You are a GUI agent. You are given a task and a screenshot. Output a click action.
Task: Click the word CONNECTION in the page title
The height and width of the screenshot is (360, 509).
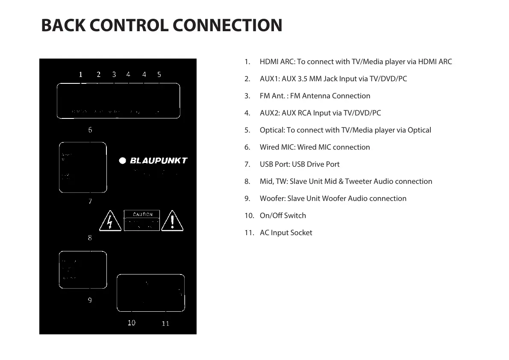pos(227,25)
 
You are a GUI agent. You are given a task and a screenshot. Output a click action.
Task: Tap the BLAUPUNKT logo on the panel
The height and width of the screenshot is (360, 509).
pos(153,161)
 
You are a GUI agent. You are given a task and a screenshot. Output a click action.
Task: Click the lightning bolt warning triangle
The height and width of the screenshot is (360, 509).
pos(110,221)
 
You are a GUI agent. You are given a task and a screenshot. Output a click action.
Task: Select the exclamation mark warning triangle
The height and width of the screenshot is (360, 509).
pos(173,221)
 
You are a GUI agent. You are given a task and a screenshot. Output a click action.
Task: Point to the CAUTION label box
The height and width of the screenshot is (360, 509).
pos(142,220)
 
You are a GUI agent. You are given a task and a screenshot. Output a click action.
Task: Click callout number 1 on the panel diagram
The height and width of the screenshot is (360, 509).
pos(80,74)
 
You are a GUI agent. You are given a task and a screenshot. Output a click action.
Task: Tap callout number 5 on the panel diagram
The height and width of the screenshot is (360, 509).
pos(159,74)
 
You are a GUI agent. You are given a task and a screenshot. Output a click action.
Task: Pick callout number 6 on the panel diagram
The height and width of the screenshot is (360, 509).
pos(90,130)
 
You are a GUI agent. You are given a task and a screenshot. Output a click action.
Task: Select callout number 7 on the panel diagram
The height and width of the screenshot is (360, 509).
pos(90,201)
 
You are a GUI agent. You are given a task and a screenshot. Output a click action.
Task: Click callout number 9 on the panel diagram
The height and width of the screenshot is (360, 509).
pos(90,300)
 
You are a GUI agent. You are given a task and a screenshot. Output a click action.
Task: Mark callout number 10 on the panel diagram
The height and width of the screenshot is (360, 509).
pos(131,323)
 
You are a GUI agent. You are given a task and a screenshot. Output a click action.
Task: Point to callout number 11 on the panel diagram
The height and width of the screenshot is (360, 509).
pos(165,324)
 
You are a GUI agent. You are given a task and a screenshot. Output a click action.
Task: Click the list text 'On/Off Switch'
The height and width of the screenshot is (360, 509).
pos(282,215)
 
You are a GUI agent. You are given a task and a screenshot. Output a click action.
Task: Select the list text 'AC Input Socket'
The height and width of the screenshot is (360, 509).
pos(286,233)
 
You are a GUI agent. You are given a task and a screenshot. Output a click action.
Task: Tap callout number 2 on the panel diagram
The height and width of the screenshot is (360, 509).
pos(98,74)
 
